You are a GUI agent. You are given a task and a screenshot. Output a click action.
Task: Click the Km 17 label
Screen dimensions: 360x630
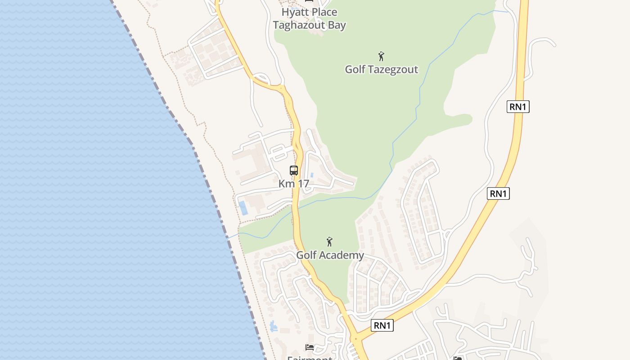pyautogui.click(x=293, y=184)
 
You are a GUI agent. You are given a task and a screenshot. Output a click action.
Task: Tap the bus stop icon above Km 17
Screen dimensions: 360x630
pyautogui.click(x=294, y=171)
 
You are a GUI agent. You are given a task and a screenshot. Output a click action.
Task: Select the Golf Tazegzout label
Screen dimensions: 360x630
pyautogui.click(x=381, y=69)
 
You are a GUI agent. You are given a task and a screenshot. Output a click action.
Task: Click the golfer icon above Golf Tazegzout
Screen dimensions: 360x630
pyautogui.click(x=381, y=57)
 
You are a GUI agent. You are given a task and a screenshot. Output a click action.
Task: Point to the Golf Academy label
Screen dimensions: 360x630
pyautogui.click(x=330, y=255)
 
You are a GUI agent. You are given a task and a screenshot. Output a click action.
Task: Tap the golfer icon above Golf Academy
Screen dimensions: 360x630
pyautogui.click(x=329, y=242)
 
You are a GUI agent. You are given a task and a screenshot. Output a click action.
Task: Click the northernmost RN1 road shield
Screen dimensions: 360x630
pyautogui.click(x=518, y=107)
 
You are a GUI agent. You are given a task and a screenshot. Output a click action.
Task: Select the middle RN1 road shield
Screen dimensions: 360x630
pyautogui.click(x=498, y=193)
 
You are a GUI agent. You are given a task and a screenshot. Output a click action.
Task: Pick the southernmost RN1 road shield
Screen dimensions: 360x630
pyautogui.click(x=382, y=325)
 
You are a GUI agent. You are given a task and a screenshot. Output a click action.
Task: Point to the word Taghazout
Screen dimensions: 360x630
pyautogui.click(x=299, y=25)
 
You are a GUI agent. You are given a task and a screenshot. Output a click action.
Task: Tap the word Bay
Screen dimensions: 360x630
pyautogui.click(x=337, y=25)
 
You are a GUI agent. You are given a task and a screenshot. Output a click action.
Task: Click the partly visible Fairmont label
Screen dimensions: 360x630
pyautogui.click(x=310, y=358)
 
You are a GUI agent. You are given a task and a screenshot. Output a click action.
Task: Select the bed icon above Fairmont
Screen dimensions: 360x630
pyautogui.click(x=310, y=347)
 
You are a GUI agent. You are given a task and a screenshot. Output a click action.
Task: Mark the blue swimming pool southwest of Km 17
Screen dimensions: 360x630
pyautogui.click(x=243, y=207)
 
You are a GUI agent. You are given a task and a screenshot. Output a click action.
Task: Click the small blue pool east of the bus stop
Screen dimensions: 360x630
pyautogui.click(x=311, y=175)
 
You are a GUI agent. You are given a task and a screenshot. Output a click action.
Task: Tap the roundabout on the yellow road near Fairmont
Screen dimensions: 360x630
pyautogui.click(x=355, y=338)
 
